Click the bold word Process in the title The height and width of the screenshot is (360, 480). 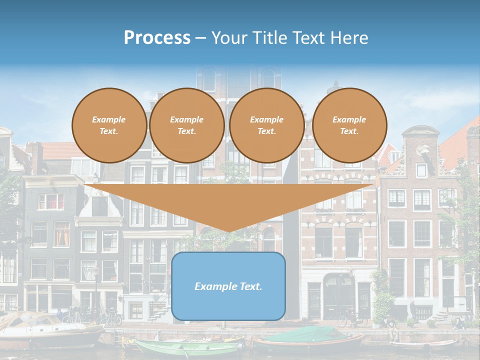(x=157, y=38)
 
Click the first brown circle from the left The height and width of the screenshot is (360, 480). (x=109, y=125)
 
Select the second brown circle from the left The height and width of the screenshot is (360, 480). (x=187, y=125)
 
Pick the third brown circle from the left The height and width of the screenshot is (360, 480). (x=267, y=125)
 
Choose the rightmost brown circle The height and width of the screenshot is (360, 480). (x=349, y=125)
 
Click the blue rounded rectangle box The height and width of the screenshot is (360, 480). (x=228, y=286)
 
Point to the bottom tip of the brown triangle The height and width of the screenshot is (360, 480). (x=229, y=231)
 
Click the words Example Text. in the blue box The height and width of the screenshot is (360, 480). (x=228, y=286)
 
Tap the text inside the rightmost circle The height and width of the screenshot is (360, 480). (x=349, y=125)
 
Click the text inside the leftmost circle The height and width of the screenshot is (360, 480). (x=109, y=125)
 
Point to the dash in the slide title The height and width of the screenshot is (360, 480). (x=200, y=38)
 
